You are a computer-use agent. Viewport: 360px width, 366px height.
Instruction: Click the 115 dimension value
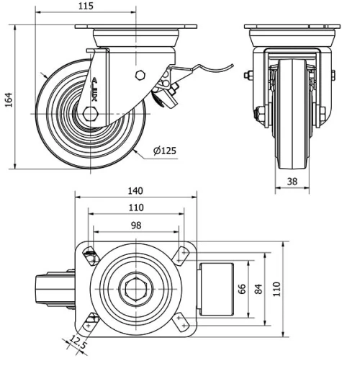(x=85, y=6)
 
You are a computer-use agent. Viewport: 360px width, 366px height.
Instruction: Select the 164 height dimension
(x=9, y=98)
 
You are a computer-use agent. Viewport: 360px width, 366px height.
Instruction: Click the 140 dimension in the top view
(x=135, y=191)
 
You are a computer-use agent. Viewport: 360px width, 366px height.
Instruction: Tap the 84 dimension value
(x=261, y=290)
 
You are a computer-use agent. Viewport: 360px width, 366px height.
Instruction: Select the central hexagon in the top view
(x=135, y=290)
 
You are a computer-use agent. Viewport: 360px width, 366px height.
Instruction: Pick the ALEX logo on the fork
(x=96, y=89)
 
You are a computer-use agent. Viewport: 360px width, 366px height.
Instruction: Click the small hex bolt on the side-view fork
(x=140, y=76)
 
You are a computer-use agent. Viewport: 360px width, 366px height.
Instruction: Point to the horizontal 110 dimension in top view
(x=135, y=207)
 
